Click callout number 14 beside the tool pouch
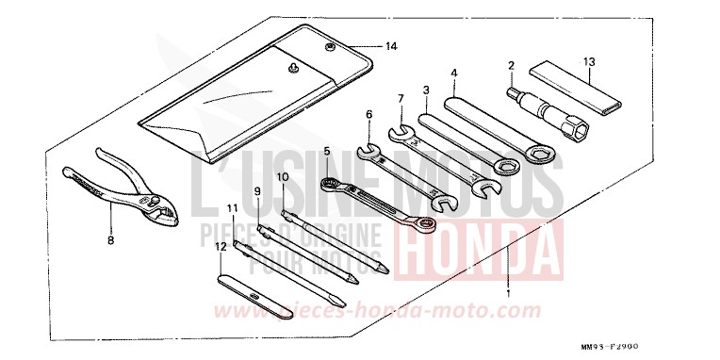[x=391, y=45]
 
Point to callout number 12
[x=221, y=247]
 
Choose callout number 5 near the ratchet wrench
[x=326, y=150]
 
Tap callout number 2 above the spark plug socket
[x=511, y=66]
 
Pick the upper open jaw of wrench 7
[x=397, y=131]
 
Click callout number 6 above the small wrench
[x=368, y=115]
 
